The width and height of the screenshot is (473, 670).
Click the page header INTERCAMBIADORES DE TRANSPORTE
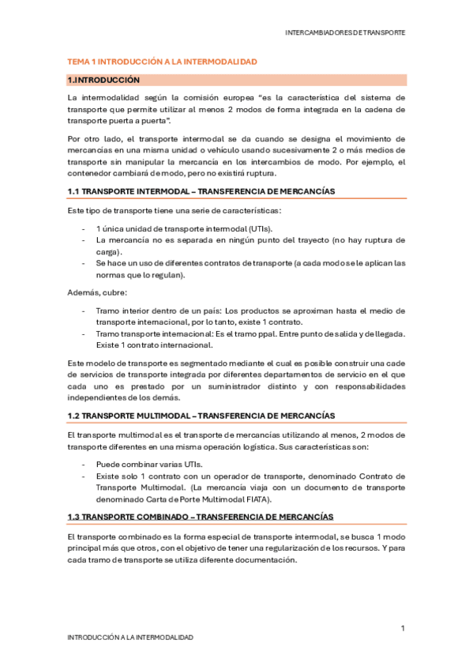coord(345,33)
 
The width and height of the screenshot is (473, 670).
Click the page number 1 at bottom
coord(403,628)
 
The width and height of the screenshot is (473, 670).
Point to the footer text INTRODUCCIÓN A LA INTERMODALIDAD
coord(130,637)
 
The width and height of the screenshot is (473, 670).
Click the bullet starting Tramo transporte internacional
coord(250,333)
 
